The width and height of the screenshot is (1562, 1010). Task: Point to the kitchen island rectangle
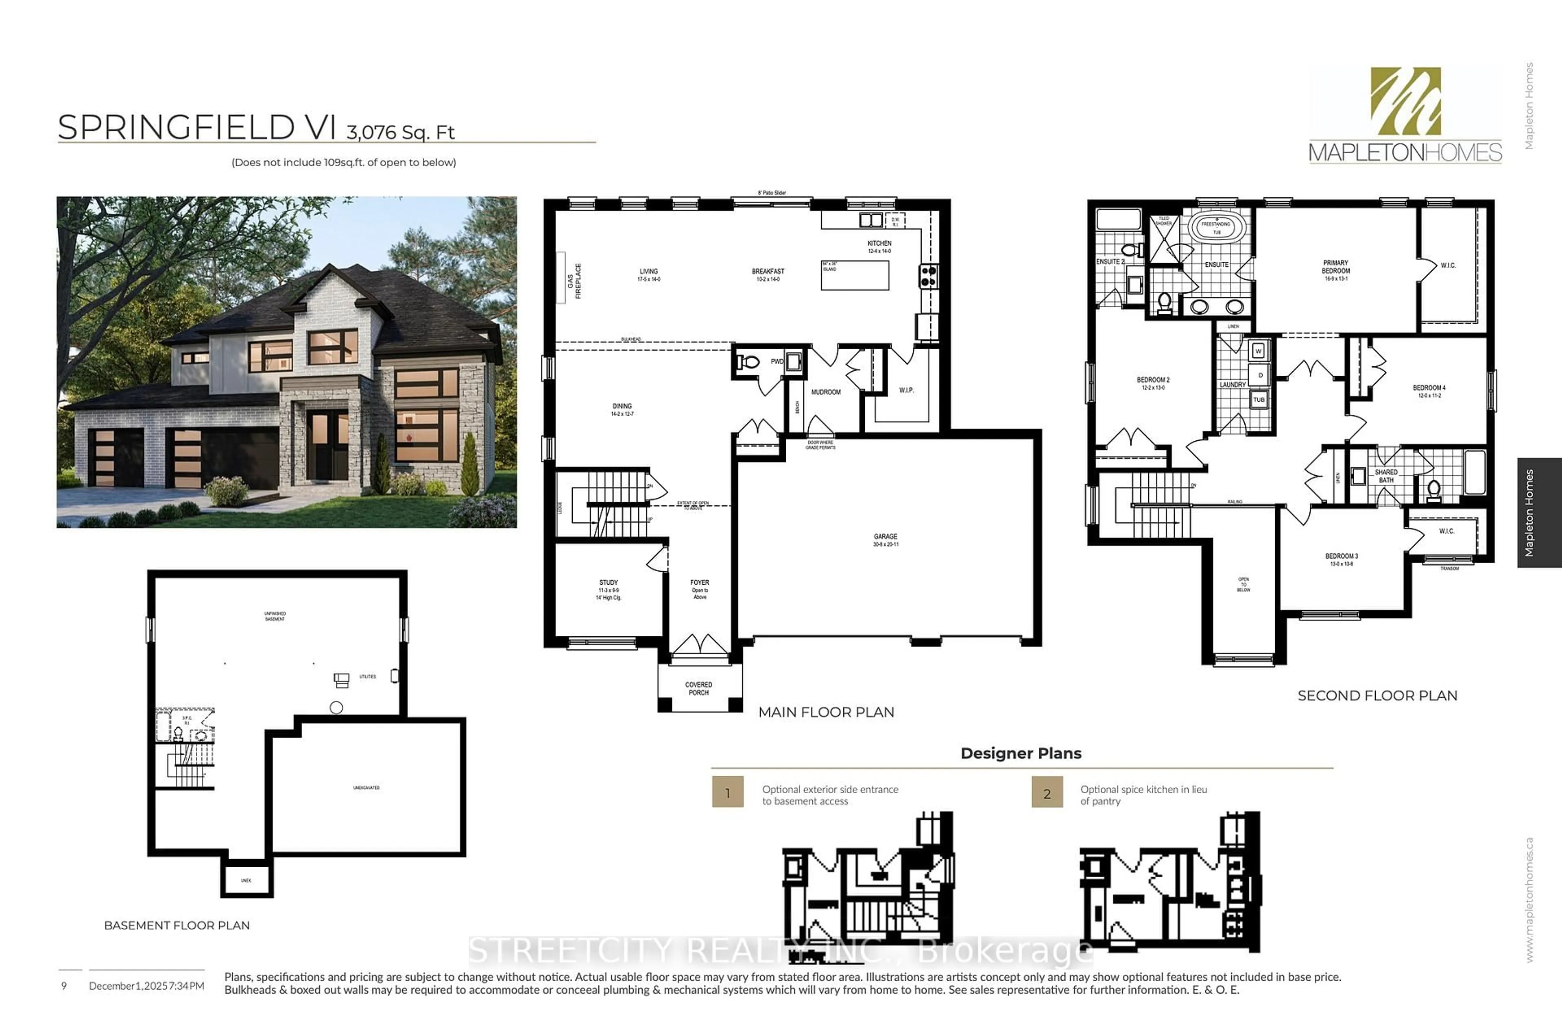click(855, 275)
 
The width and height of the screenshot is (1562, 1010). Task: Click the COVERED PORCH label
click(699, 688)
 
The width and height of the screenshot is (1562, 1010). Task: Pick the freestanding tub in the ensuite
click(1217, 228)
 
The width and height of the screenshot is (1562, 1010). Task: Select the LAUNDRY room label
click(1233, 385)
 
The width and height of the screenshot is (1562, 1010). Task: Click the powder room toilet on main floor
click(748, 362)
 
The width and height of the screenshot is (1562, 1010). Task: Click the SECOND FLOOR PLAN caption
click(1377, 696)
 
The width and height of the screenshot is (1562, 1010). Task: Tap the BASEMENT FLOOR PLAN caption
click(177, 925)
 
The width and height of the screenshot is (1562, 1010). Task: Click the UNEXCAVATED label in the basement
click(366, 788)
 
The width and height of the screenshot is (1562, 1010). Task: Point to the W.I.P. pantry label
click(906, 390)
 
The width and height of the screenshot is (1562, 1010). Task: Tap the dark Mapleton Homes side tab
click(1539, 513)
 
